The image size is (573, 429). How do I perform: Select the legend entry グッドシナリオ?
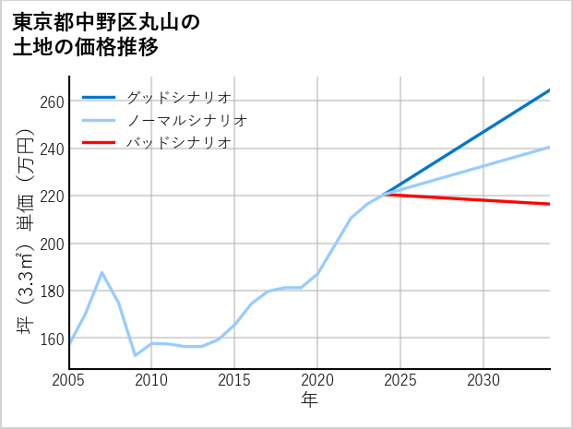(178, 97)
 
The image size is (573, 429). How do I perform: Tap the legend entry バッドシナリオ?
(178, 143)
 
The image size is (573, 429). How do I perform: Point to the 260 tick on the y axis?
(52, 101)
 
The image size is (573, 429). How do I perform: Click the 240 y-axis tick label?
(52, 149)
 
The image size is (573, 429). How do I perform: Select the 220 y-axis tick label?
(52, 197)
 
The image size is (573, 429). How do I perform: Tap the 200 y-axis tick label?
(52, 244)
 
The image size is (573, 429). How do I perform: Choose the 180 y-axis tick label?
(52, 292)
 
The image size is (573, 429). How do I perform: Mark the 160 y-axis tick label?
(52, 339)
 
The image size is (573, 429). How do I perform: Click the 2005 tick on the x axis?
(68, 380)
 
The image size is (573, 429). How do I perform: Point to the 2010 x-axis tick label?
(151, 380)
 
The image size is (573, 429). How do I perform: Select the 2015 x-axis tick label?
(234, 380)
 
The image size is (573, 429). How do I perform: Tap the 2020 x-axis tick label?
(317, 380)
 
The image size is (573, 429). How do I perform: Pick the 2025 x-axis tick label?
(400, 380)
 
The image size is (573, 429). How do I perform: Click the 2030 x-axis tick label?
(483, 380)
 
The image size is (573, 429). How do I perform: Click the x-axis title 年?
(309, 400)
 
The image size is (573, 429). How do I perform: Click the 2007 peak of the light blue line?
(101, 272)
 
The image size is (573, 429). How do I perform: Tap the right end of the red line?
(550, 204)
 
